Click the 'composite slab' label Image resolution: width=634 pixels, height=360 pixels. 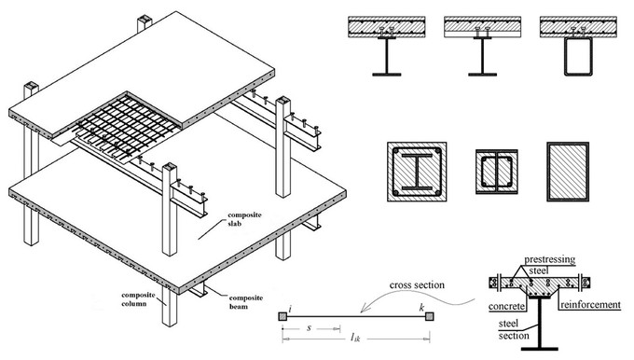[x=244, y=219]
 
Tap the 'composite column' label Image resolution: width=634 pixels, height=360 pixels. [x=133, y=299]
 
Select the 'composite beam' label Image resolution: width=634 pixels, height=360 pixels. [x=246, y=302]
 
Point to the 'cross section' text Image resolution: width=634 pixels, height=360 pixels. [x=417, y=284]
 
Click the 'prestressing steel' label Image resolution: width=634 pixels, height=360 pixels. [x=549, y=265]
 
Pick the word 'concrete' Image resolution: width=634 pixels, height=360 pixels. [x=506, y=306]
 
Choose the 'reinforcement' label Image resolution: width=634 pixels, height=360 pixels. [x=590, y=305]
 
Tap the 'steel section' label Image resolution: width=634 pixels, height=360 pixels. [x=514, y=329]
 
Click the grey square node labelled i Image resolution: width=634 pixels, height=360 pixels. [x=283, y=316]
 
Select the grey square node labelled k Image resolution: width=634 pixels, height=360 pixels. [x=430, y=316]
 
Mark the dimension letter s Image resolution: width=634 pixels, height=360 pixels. [x=310, y=327]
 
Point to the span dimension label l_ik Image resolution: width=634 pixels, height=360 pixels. [x=355, y=337]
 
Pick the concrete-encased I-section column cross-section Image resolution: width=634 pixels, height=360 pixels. [x=417, y=172]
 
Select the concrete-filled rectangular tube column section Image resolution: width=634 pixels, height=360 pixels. [x=568, y=172]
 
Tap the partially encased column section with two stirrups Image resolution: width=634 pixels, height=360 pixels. [x=497, y=172]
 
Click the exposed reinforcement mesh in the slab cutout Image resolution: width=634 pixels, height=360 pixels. [x=125, y=126]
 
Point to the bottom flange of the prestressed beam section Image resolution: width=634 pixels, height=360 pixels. [x=540, y=349]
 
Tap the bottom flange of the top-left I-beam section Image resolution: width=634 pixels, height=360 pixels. [x=387, y=75]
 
